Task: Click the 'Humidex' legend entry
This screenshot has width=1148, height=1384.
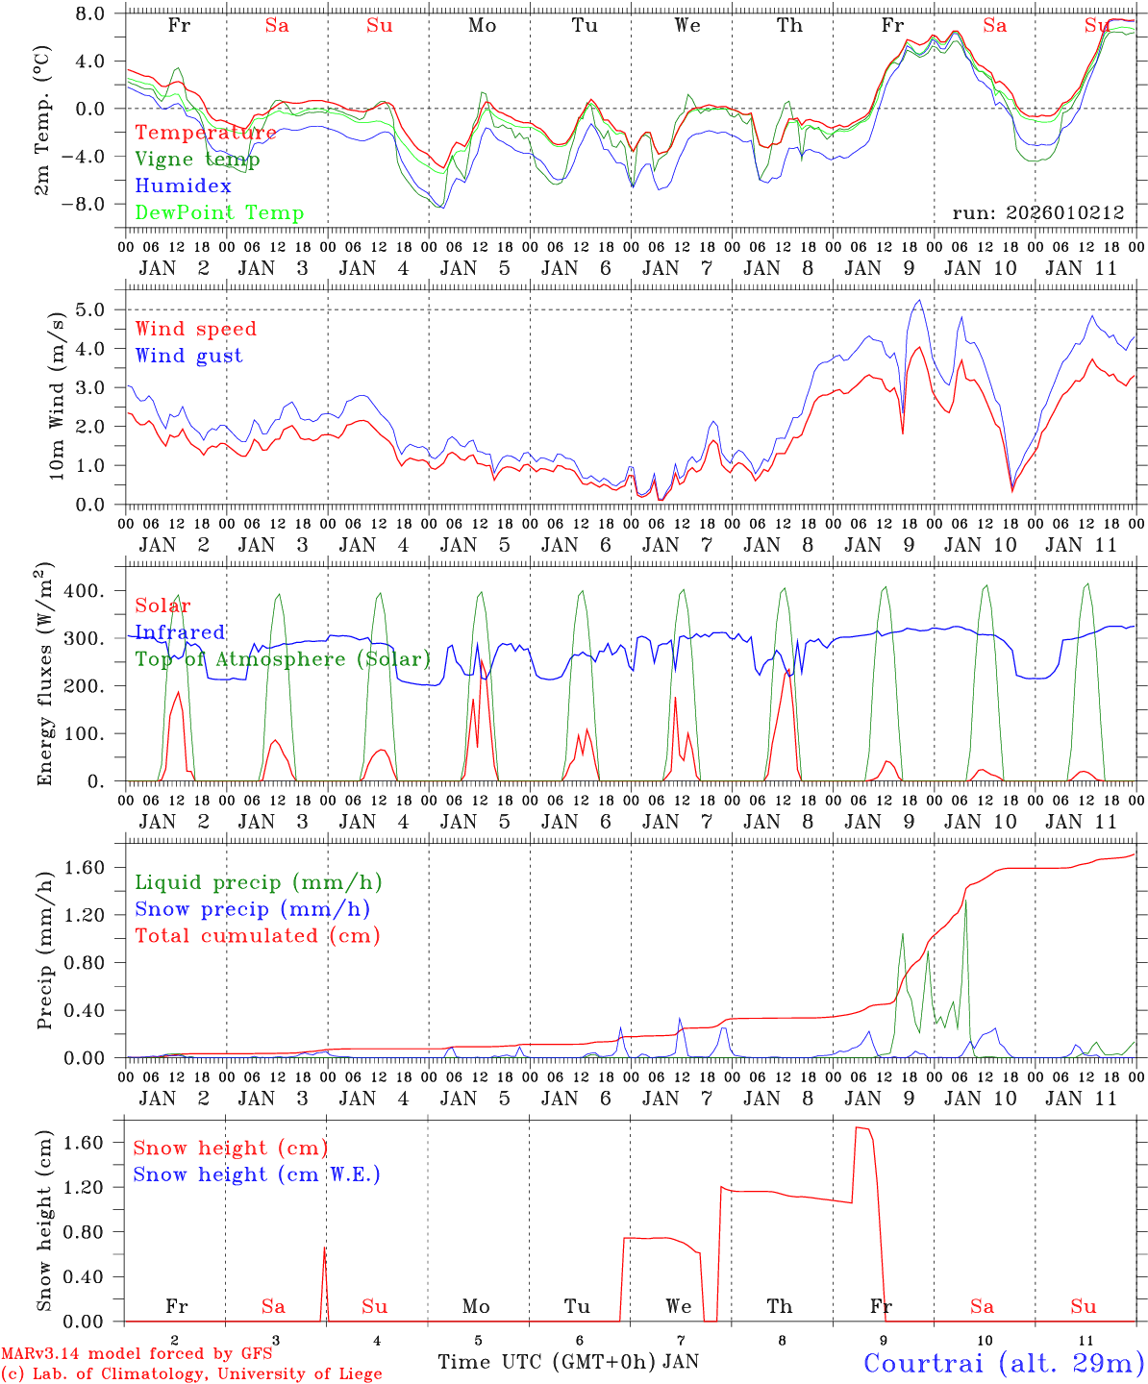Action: tap(183, 186)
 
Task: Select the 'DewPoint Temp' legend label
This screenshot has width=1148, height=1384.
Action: tap(219, 213)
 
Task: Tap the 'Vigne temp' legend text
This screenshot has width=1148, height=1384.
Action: tap(205, 160)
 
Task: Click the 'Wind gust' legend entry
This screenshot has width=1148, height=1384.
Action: tap(188, 356)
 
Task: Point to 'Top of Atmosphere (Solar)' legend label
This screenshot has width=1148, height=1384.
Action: tap(282, 659)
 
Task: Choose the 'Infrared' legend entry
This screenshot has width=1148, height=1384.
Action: tap(180, 632)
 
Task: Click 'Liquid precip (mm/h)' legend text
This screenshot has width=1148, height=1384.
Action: tap(258, 882)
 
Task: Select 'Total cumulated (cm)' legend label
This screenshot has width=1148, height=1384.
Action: tap(257, 936)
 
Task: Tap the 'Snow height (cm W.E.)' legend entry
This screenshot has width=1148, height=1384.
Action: tap(256, 1174)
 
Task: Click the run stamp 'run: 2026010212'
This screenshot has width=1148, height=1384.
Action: tap(1038, 213)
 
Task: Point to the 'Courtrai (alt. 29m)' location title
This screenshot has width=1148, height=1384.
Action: tap(1004, 1363)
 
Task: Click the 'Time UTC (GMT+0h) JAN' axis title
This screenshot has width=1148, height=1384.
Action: tap(568, 1362)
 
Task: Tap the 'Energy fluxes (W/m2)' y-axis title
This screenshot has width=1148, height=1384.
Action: tap(44, 673)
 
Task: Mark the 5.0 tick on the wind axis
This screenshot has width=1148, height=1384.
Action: tap(93, 309)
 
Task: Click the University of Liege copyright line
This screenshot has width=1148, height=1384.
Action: tap(191, 1374)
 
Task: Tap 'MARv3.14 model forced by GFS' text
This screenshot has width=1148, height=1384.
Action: tap(137, 1354)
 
